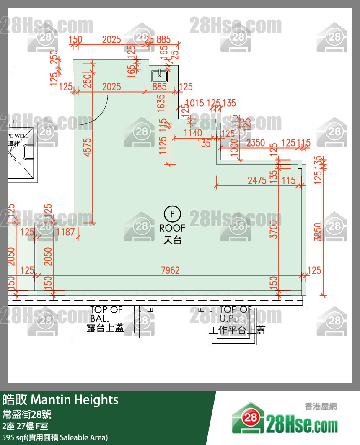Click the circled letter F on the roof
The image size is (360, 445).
pos(172,213)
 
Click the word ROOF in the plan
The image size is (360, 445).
pos(172,228)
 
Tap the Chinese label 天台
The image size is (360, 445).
pos(172,240)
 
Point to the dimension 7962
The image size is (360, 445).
pos(170,270)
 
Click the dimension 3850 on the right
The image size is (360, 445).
pos(318,232)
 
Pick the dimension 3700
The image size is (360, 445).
pos(274,229)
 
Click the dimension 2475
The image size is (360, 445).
pos(257,180)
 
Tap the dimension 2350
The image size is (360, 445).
pos(255,143)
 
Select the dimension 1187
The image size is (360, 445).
pos(65,232)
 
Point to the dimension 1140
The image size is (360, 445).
pos(193,133)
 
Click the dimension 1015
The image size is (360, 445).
pos(194,103)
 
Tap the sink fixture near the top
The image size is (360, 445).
pos(159,76)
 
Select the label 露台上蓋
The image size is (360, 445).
pos(105,328)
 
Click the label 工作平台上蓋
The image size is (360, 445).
pos(237,330)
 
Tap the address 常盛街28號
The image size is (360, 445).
pos(27,415)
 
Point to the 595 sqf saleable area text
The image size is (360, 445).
pos(55,438)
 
